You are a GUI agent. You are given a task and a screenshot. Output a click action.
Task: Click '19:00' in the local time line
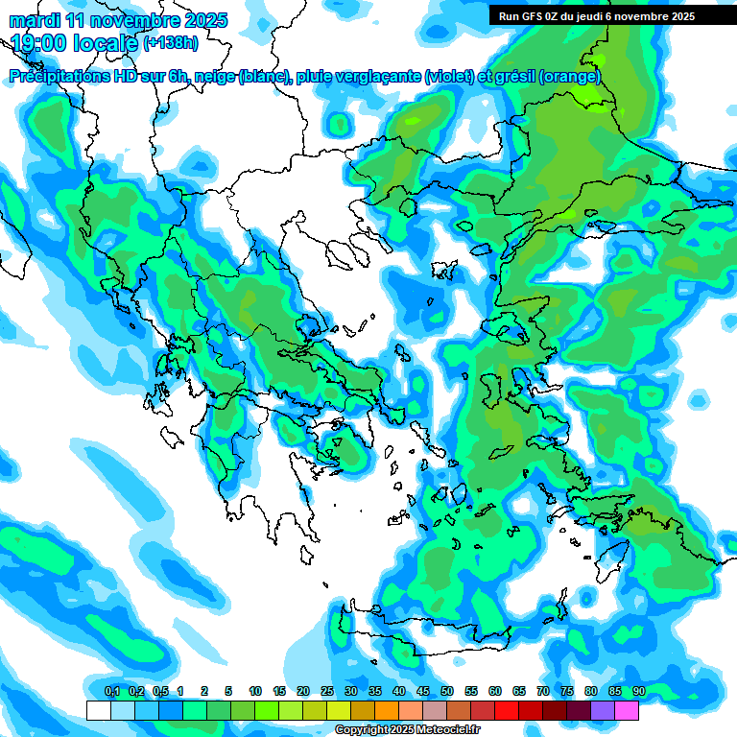point(41,42)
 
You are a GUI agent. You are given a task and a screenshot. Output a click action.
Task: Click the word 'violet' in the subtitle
point(448,76)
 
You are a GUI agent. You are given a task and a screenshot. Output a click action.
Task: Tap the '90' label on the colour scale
point(639,691)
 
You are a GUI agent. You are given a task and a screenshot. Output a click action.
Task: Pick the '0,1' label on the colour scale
point(111,691)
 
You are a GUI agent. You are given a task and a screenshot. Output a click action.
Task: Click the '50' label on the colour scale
point(447,691)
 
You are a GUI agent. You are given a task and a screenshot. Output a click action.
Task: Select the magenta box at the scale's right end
point(627,710)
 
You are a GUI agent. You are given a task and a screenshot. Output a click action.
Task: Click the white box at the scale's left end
point(98,710)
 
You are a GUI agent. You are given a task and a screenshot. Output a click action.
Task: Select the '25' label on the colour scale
point(327,691)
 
